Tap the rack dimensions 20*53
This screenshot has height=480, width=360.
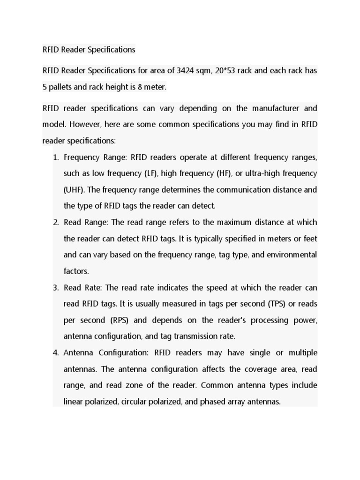coord(225,71)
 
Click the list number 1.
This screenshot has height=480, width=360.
coord(55,157)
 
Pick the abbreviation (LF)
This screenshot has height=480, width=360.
coord(150,173)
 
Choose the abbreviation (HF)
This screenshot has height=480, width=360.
coord(223,173)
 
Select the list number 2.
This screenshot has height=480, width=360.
coord(55,222)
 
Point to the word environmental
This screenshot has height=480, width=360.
coord(292,255)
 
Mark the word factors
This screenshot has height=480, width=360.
coord(76,271)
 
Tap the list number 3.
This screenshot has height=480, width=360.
coord(55,287)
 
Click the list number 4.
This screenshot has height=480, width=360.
coord(55,352)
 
